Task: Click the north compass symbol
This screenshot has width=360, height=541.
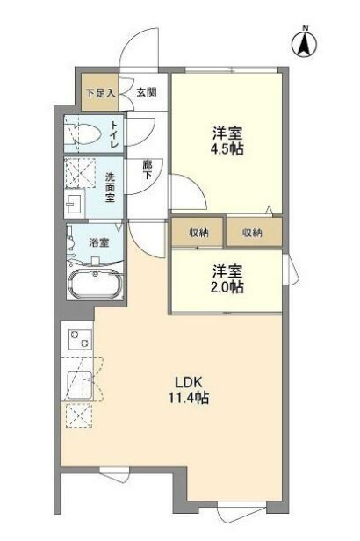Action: point(304,44)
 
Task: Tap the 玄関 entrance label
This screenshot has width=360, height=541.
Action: point(147,92)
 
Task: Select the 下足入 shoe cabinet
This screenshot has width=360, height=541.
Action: point(99,92)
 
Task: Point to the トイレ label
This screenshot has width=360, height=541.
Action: point(114,135)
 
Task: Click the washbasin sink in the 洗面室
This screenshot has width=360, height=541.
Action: point(75,204)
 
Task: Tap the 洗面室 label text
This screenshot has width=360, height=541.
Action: point(110,187)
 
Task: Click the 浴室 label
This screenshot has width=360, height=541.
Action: point(99,243)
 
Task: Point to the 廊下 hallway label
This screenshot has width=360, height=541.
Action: point(148,170)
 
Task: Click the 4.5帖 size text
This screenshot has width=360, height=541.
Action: point(227,148)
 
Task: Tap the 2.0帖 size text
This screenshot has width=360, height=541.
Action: point(227,286)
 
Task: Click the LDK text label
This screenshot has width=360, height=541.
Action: point(188,382)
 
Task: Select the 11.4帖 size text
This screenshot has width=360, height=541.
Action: point(189,398)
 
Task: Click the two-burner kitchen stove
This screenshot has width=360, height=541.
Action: point(81,339)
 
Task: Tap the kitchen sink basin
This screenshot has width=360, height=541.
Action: point(79,385)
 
